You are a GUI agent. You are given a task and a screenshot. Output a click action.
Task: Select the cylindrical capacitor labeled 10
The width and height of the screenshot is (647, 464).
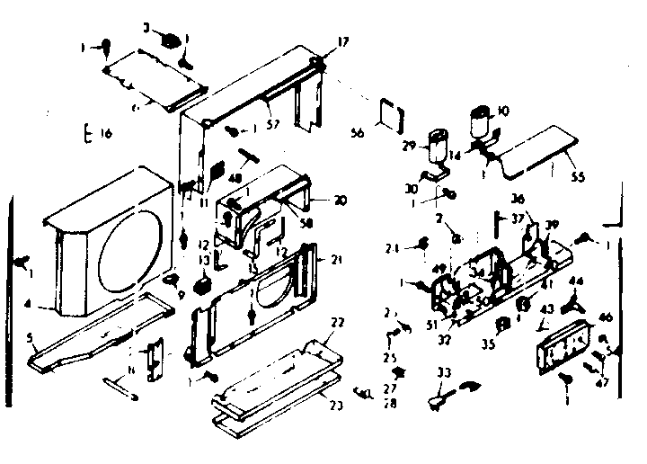coord(482,121)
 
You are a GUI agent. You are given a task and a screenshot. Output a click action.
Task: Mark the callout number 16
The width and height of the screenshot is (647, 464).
coord(105,134)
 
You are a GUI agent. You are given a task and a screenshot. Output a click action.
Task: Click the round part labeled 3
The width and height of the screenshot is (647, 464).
coord(170,40)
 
